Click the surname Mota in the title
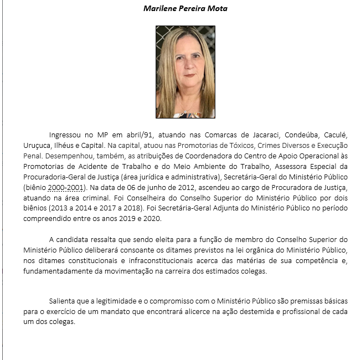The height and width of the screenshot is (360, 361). click(216, 8)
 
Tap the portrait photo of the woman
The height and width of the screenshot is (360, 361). click(185, 72)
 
